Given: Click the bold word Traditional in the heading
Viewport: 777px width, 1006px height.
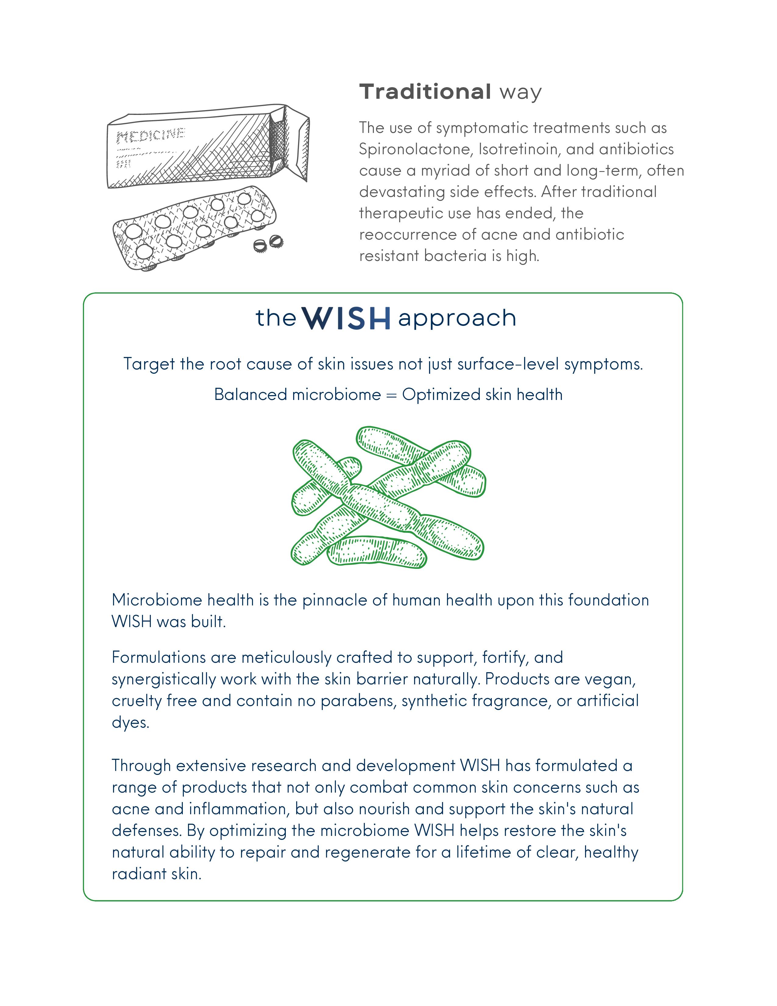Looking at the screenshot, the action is [425, 92].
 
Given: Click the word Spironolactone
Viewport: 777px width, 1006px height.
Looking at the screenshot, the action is [415, 150].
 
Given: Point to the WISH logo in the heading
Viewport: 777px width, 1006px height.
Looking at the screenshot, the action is [348, 318].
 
